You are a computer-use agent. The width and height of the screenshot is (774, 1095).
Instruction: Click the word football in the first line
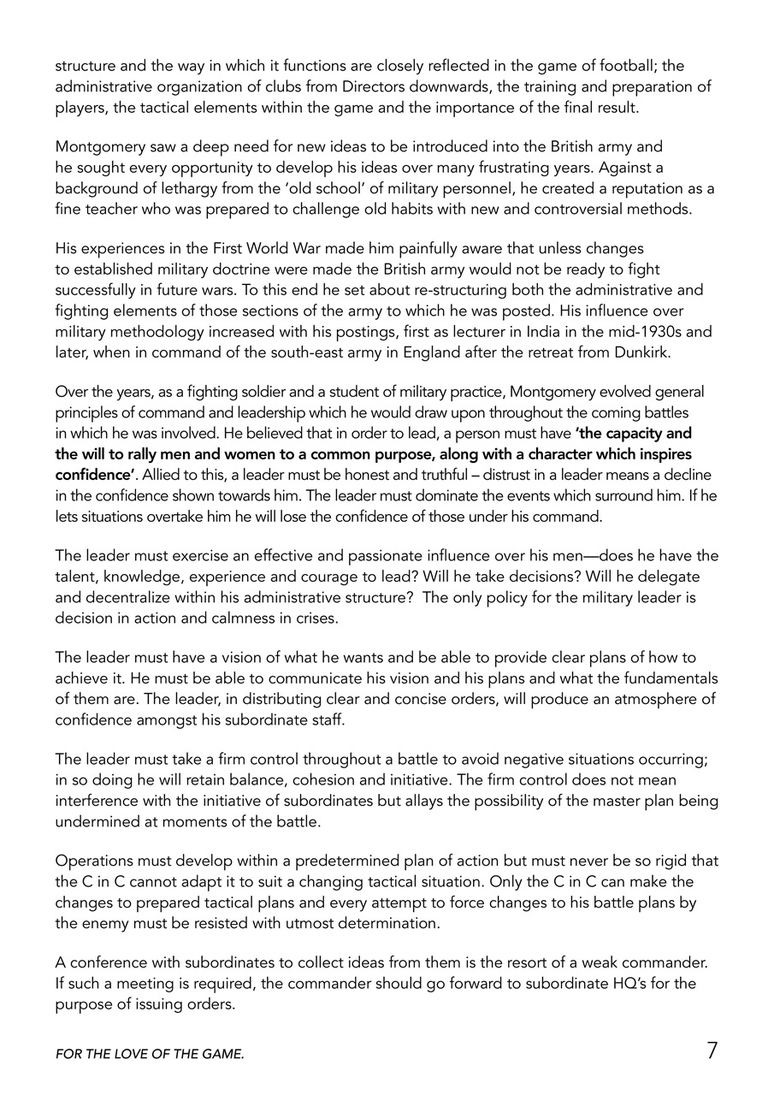coord(627,65)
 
